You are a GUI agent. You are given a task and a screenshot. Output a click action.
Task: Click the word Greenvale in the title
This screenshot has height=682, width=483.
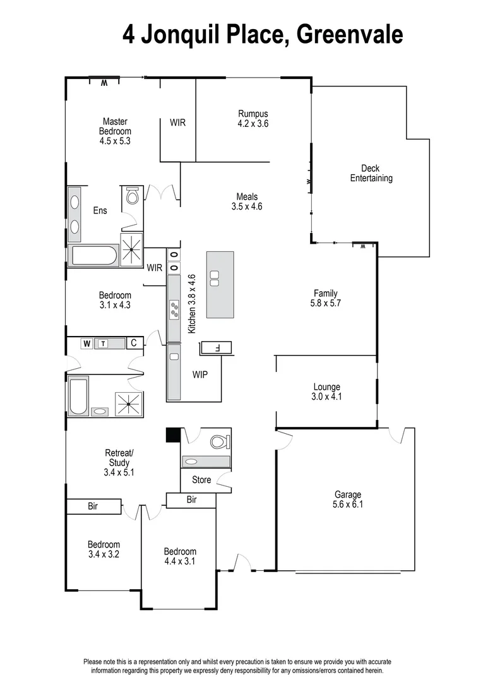[349, 35]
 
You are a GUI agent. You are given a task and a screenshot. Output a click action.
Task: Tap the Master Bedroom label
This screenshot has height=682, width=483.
[115, 131]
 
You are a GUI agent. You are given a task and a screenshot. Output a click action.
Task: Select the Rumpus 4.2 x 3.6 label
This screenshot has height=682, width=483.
[253, 119]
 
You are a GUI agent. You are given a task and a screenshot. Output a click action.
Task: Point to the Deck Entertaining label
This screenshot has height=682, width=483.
[371, 173]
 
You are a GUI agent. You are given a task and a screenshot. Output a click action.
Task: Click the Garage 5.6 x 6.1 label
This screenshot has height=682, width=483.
[348, 500]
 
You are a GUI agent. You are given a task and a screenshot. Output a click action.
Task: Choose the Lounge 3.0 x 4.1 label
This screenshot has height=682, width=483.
[326, 392]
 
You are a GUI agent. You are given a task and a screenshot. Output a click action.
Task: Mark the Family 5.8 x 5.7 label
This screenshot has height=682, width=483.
[326, 298]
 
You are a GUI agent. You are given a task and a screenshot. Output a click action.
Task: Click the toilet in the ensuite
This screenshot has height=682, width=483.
[133, 197]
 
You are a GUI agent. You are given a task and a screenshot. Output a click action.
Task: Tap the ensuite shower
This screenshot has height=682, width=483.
[131, 249]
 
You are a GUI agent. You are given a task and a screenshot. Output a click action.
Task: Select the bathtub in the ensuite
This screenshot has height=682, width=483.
[93, 256]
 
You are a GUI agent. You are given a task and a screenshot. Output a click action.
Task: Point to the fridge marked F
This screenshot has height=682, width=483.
[217, 347]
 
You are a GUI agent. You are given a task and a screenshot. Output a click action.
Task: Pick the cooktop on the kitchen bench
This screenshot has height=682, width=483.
[174, 309]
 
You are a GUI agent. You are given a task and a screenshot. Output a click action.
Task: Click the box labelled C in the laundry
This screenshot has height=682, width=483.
[134, 343]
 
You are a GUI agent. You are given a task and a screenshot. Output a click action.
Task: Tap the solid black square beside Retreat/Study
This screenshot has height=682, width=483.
[172, 435]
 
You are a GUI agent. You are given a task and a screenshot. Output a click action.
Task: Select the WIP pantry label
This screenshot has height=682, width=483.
[200, 374]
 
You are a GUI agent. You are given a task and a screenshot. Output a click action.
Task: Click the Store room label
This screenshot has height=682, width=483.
[201, 480]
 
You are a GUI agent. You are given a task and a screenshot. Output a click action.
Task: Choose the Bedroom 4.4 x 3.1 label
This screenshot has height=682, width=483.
[180, 556]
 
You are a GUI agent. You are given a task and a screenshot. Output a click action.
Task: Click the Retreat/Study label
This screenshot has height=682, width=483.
[119, 462]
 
